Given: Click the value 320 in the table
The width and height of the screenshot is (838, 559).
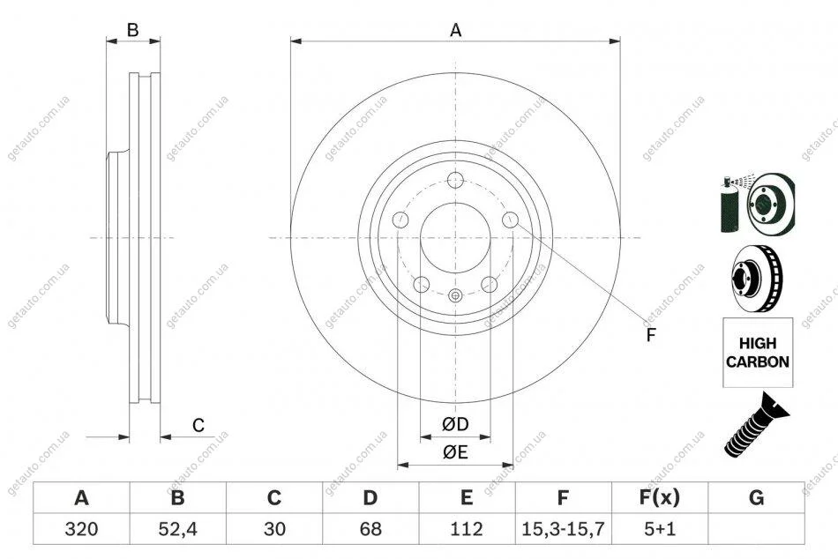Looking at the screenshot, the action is pos(81,528).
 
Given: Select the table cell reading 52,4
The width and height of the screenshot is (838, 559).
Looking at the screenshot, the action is pos(178,528).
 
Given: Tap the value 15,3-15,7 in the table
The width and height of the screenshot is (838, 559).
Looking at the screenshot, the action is pos(563,528).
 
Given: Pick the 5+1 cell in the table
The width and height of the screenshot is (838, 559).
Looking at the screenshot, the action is pos(660,528).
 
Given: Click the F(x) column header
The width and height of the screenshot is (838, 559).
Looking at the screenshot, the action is pos(660,497).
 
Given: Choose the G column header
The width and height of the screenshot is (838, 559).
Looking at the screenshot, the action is pos(756,497).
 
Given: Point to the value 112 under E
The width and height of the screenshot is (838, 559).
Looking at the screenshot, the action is pos(467,528).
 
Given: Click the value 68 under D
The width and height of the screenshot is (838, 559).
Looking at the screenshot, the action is pos(370,528).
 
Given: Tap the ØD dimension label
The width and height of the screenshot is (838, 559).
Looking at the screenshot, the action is pos(455,424).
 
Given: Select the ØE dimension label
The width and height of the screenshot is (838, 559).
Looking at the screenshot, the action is pos(455,452).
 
